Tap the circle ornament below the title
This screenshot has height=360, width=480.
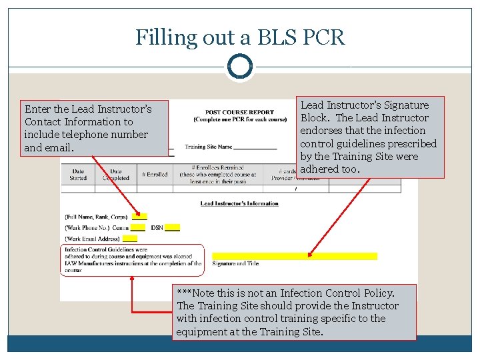click(x=240, y=67)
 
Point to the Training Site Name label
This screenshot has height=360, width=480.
click(x=209, y=147)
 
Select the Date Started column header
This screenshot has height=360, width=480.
click(x=78, y=175)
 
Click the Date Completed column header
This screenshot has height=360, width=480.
click(x=115, y=175)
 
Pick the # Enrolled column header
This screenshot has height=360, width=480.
click(x=155, y=175)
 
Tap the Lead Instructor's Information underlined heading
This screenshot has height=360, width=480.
click(x=239, y=203)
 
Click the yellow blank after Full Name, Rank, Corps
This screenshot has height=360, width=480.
click(x=139, y=217)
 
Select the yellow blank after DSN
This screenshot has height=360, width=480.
click(x=172, y=228)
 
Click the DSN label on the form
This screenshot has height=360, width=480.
click(x=157, y=228)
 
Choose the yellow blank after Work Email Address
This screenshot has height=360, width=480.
click(x=130, y=239)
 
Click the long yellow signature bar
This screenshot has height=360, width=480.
click(x=294, y=256)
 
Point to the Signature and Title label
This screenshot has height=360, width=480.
click(x=235, y=264)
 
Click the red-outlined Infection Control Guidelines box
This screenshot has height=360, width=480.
click(x=132, y=260)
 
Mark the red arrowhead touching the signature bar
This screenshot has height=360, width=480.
click(x=310, y=253)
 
